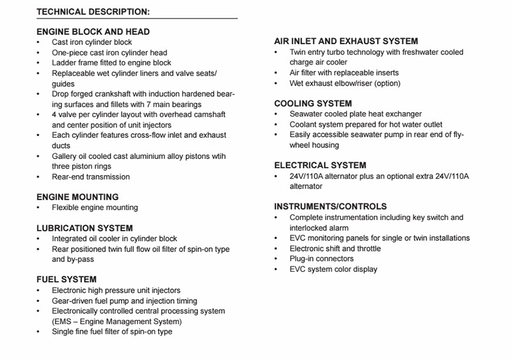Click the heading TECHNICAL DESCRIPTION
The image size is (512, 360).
click(x=93, y=12)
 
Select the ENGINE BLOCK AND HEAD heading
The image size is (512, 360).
click(x=93, y=31)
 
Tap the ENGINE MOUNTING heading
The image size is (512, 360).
click(x=78, y=197)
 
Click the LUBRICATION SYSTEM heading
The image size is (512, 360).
click(x=85, y=228)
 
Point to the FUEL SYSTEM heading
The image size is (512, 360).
click(x=67, y=279)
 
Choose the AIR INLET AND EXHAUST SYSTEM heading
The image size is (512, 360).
click(x=346, y=41)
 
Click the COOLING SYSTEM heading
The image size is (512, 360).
click(x=313, y=104)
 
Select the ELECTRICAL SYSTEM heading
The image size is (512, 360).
click(x=320, y=165)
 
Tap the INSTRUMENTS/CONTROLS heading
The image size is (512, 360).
click(x=330, y=207)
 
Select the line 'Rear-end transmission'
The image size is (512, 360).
click(x=91, y=177)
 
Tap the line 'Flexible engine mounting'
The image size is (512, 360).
click(x=95, y=208)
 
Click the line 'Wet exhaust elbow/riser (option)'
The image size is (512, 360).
click(x=345, y=83)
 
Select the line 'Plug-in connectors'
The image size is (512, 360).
click(x=321, y=259)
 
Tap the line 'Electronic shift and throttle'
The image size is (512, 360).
click(x=335, y=248)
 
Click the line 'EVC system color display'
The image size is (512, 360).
click(x=333, y=269)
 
